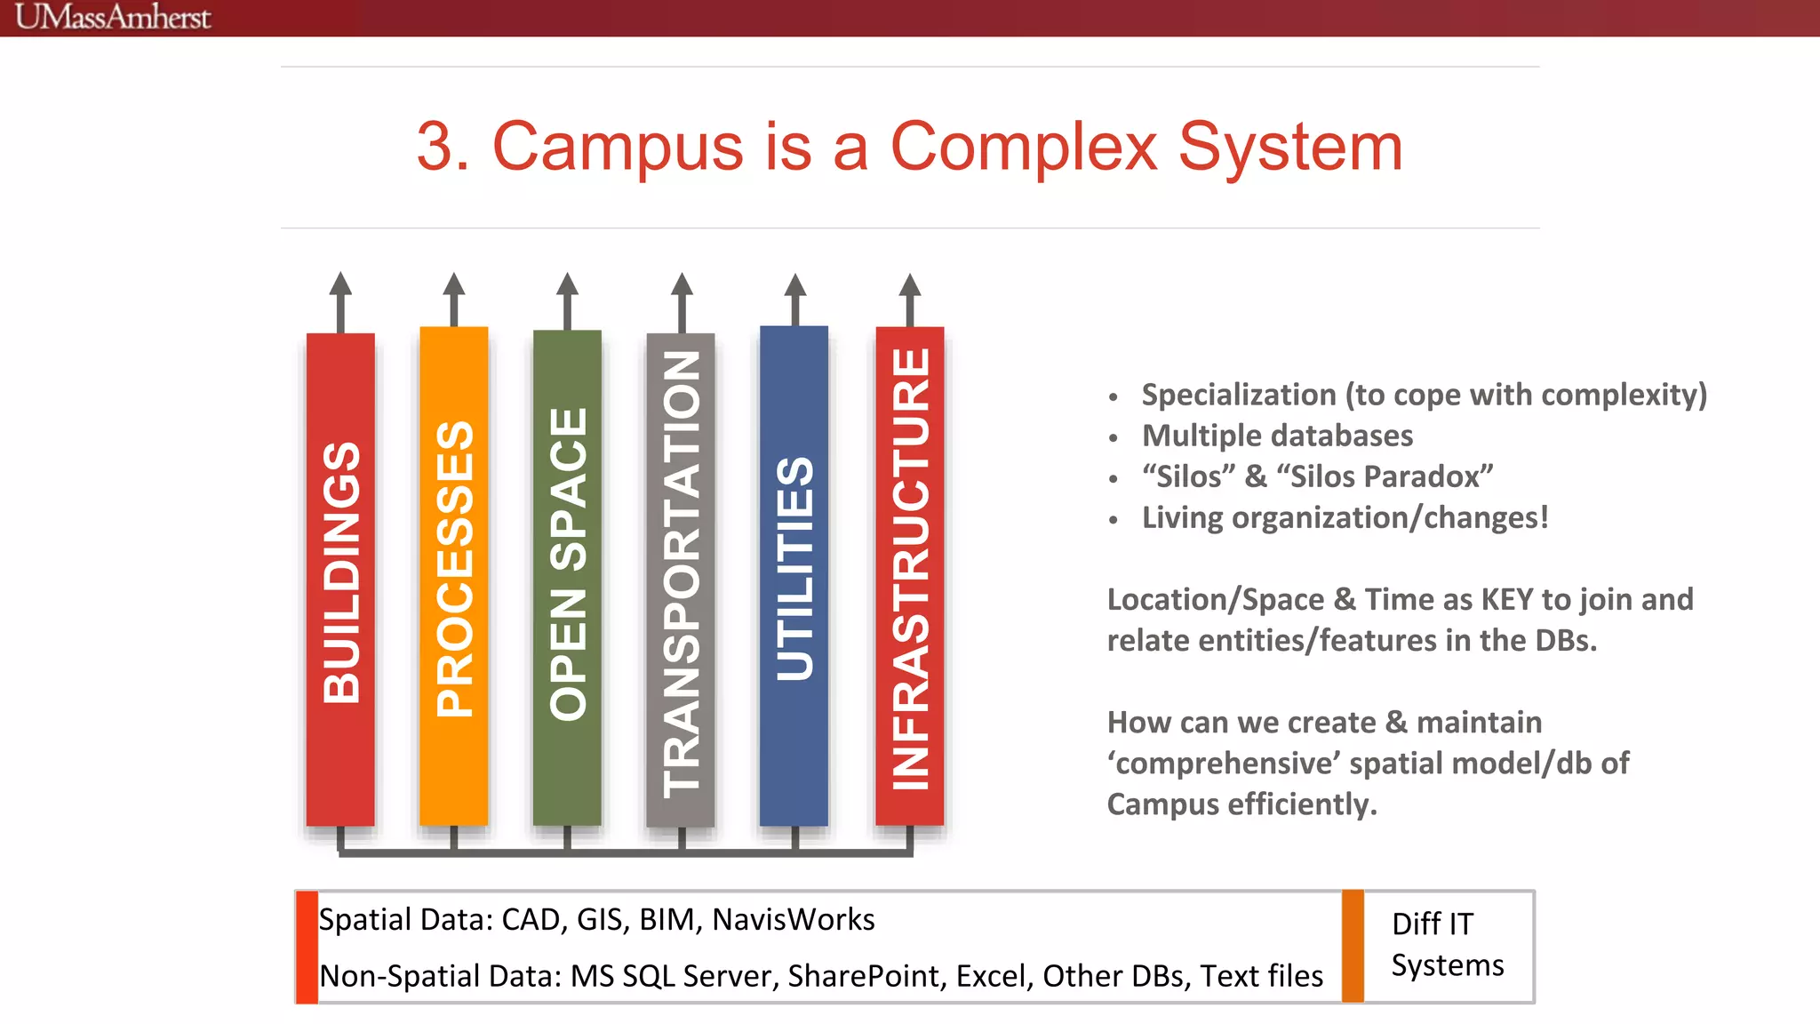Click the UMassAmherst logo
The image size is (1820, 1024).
pos(113,17)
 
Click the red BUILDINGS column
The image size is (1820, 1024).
pos(340,578)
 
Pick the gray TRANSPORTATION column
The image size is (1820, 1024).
pos(681,578)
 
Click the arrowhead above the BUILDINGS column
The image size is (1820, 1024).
pos(340,284)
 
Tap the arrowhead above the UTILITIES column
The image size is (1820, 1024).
pos(795,285)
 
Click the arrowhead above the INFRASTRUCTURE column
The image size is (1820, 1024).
pos(910,285)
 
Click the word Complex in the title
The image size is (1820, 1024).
pos(1023,147)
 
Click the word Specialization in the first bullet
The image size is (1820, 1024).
pos(1239,395)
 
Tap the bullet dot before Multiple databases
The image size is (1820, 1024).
pos(1113,438)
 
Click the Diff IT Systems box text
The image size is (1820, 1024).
pos(1447,945)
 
